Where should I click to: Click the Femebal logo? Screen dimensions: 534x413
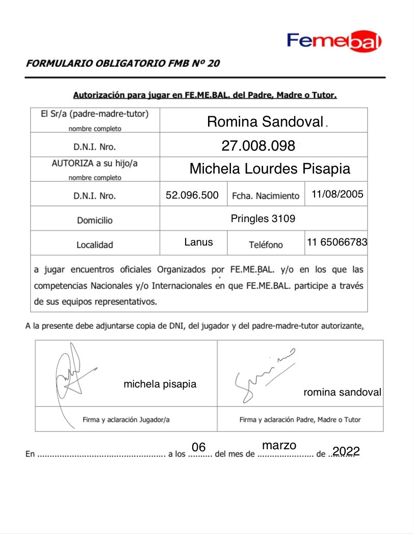[334, 41]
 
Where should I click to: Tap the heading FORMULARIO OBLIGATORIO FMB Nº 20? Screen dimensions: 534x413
[123, 64]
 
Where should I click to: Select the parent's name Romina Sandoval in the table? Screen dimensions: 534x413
[265, 122]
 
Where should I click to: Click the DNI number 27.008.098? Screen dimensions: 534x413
[258, 146]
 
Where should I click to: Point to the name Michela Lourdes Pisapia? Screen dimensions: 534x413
[270, 169]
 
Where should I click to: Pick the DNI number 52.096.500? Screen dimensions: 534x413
[192, 195]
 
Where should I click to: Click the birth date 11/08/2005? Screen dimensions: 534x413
[337, 195]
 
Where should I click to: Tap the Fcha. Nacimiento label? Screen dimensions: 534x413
[266, 196]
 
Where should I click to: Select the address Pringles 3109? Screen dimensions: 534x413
[263, 219]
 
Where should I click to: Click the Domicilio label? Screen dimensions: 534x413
[95, 221]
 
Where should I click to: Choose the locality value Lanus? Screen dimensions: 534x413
[198, 242]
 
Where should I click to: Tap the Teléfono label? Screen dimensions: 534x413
[266, 245]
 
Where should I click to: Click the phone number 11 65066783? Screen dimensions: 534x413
[337, 242]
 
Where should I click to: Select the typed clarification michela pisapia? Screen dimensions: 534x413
[160, 384]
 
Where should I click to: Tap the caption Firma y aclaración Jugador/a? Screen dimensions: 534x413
[126, 420]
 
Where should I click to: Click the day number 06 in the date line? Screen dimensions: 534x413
[198, 448]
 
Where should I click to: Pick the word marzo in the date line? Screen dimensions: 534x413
[279, 445]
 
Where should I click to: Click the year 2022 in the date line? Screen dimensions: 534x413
[346, 451]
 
